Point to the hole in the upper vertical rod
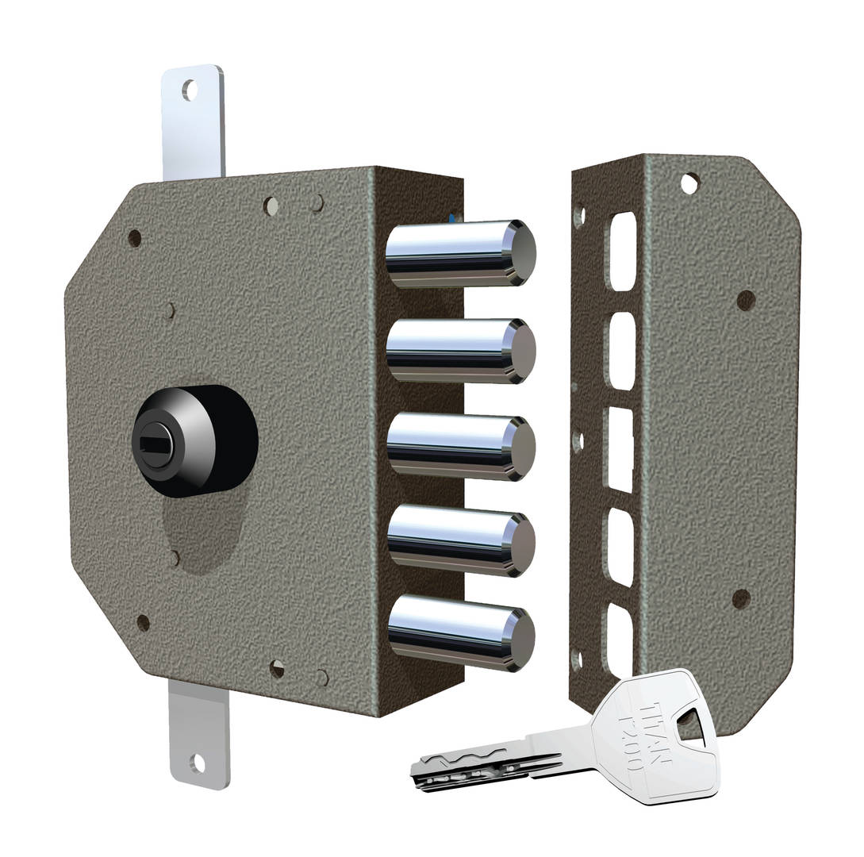(190, 90)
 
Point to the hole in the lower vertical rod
(197, 763)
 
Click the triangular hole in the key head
(691, 724)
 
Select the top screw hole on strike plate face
(689, 183)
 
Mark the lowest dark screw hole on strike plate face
(740, 599)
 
